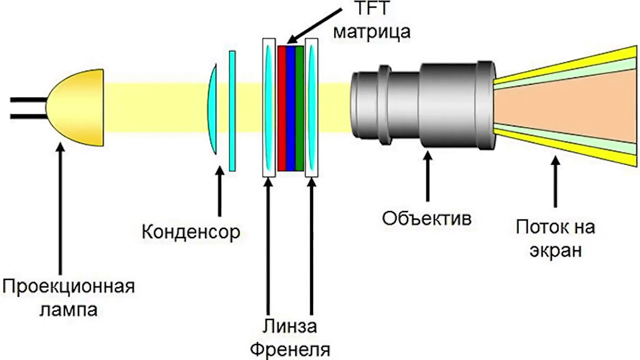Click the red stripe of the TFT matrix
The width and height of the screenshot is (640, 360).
(281, 108)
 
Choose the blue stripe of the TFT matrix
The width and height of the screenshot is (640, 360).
(290, 108)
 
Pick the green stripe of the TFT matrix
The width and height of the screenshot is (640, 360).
(299, 108)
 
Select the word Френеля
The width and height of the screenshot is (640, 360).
(290, 349)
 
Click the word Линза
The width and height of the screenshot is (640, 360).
(289, 327)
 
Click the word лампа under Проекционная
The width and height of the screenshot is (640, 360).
(68, 310)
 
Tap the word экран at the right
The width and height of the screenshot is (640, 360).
(555, 249)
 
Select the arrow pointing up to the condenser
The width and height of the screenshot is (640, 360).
(219, 192)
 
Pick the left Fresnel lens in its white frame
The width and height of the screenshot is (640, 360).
(269, 108)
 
